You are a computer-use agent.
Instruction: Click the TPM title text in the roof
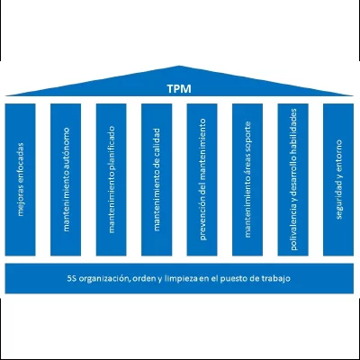tap(179, 89)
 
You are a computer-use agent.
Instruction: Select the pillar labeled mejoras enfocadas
tap(20, 180)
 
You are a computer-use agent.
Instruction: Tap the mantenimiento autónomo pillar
tap(66, 180)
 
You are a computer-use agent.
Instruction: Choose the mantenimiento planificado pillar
tap(112, 180)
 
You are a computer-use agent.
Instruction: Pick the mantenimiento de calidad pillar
tap(157, 180)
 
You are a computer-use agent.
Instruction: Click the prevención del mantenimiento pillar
tap(202, 180)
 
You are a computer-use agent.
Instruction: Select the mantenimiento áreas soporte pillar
tap(247, 180)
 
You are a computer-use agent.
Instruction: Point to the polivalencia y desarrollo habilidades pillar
tap(293, 180)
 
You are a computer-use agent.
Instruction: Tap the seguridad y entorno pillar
tap(338, 180)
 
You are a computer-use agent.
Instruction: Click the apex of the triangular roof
tap(179, 66)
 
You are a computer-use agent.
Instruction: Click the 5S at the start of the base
tap(71, 278)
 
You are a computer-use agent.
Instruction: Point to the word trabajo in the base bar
tap(277, 279)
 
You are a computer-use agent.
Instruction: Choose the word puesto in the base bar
tap(233, 279)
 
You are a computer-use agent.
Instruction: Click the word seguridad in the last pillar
tap(338, 200)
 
